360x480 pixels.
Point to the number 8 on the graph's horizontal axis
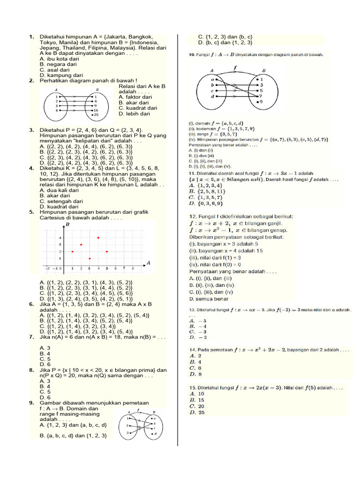click(x=133, y=268)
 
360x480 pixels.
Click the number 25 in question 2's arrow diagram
click(x=96, y=114)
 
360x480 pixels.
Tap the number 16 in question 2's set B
click(x=96, y=110)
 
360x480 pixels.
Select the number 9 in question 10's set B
click(x=261, y=101)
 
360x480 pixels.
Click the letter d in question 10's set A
click(x=212, y=96)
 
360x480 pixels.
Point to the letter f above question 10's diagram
click(x=234, y=67)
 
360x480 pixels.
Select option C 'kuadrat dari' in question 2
click(x=137, y=108)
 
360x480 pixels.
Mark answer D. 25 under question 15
click(x=197, y=412)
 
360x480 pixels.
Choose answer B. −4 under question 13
click(x=197, y=326)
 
